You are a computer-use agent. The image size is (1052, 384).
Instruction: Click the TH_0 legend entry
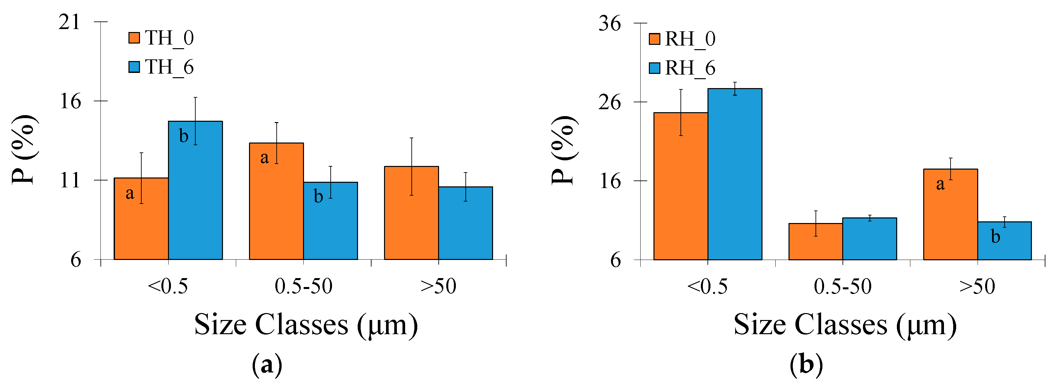pyautogui.click(x=161, y=38)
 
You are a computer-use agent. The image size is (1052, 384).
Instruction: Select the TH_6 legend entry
pyautogui.click(x=161, y=67)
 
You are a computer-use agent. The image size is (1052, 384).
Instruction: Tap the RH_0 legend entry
pyautogui.click(x=682, y=39)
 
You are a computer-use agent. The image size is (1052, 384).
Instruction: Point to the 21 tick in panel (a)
pyautogui.click(x=69, y=22)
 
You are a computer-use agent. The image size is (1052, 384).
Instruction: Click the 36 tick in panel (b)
pyautogui.click(x=609, y=23)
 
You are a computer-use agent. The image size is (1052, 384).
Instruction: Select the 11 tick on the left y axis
pyautogui.click(x=69, y=180)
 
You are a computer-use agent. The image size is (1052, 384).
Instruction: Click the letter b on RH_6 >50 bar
pyautogui.click(x=996, y=237)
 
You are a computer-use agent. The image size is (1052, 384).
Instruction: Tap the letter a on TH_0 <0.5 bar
pyautogui.click(x=129, y=193)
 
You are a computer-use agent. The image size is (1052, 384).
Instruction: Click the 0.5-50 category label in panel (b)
pyautogui.click(x=843, y=286)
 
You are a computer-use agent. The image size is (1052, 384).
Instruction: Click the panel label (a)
pyautogui.click(x=267, y=364)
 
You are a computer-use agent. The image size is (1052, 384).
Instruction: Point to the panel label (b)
pyautogui.click(x=806, y=364)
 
